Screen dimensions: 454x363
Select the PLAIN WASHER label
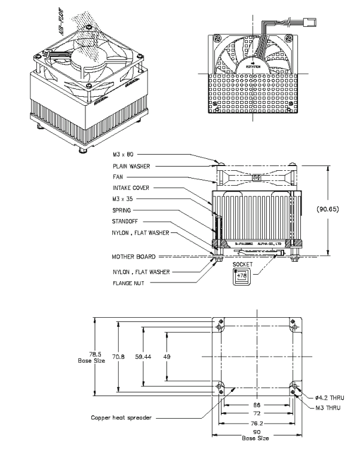coord(131,167)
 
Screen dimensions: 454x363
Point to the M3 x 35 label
coord(122,199)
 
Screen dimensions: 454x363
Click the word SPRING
coord(122,210)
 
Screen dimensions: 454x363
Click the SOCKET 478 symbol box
coord(242,274)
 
